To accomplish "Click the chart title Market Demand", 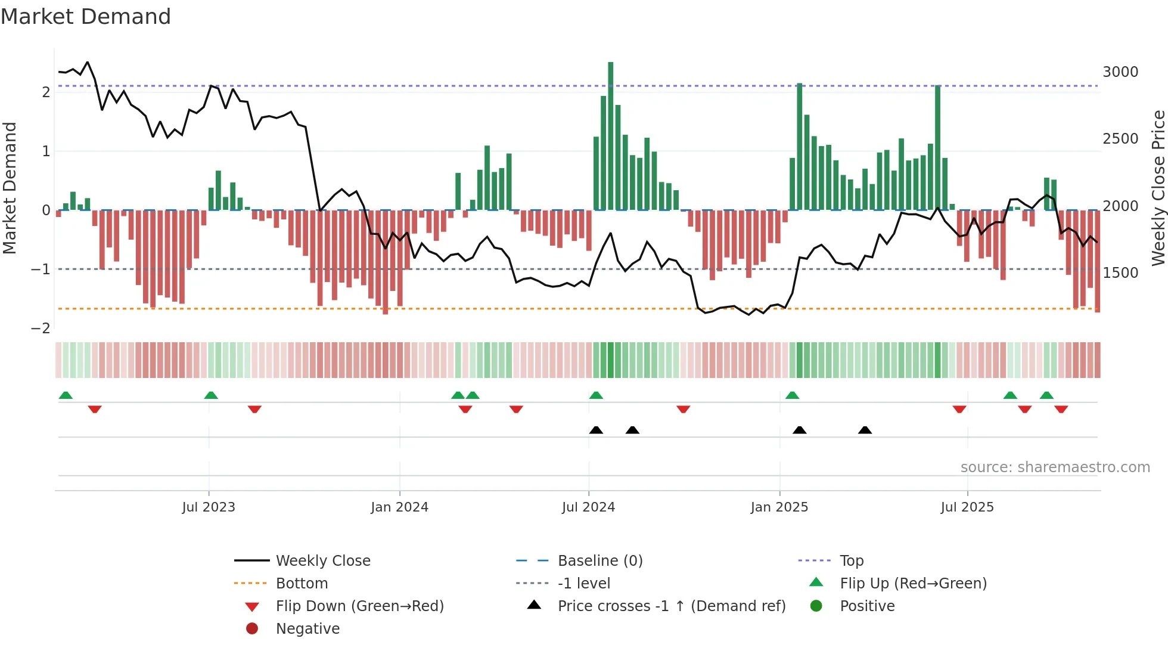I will (86, 17).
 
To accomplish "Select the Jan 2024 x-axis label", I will (399, 507).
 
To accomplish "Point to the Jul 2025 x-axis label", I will (967, 507).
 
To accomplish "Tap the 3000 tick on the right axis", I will (1120, 72).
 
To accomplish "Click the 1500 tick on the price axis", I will (1120, 273).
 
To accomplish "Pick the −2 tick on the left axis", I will (41, 328).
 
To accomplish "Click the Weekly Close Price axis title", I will (1158, 188).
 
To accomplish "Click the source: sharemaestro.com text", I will (1055, 467).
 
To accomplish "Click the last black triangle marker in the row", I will (865, 430).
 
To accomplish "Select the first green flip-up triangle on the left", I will (66, 395).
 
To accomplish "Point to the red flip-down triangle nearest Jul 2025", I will (959, 409).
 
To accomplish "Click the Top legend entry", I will (852, 561).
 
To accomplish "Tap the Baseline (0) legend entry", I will (599, 561).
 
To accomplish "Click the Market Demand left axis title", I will (10, 188).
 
